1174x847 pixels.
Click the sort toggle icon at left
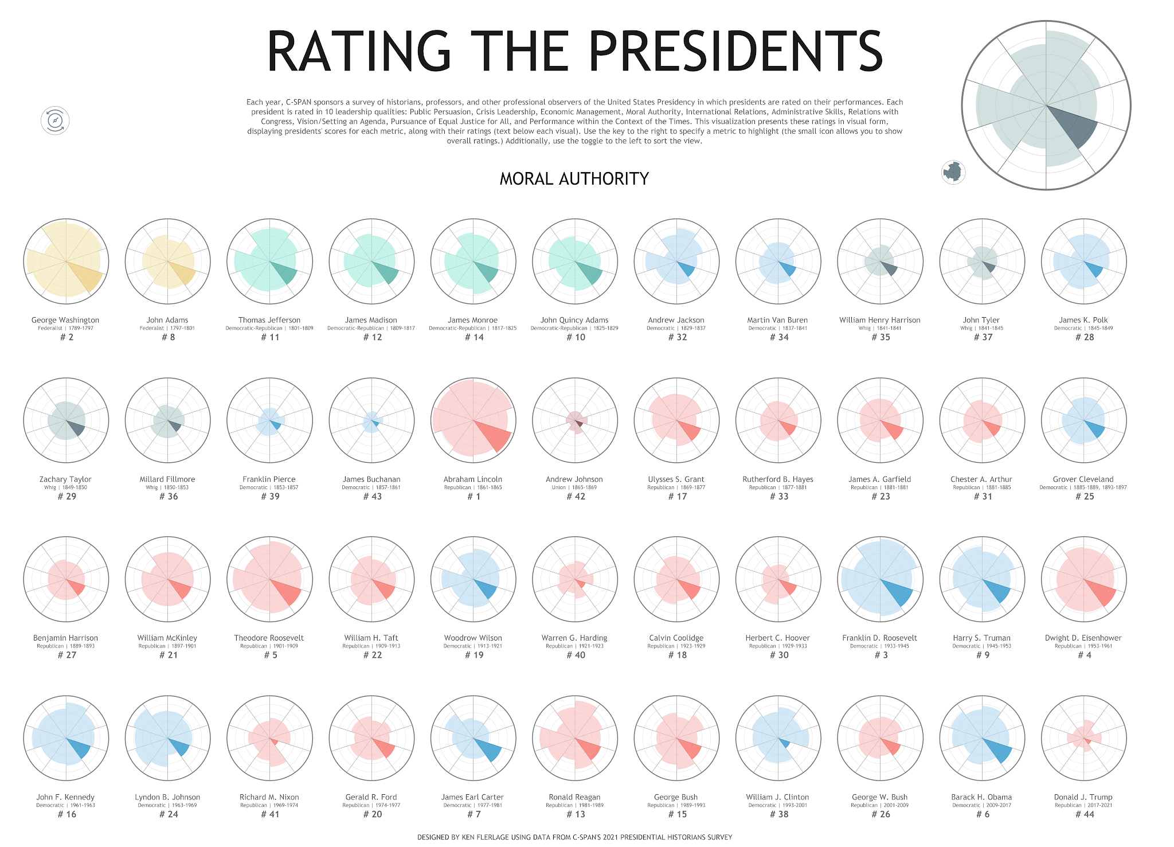[55, 120]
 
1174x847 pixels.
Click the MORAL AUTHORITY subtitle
[574, 179]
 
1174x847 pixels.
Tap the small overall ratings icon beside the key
[953, 172]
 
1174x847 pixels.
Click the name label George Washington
[65, 320]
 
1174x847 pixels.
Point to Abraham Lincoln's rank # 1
[473, 497]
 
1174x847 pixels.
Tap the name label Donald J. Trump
[1083, 797]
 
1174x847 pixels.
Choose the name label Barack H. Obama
[981, 797]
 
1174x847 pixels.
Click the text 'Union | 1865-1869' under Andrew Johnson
[574, 487]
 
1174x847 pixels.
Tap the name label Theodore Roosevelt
[269, 638]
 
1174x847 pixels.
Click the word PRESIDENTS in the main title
[735, 52]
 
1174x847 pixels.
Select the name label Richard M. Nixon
[269, 797]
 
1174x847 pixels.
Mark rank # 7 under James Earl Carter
[473, 814]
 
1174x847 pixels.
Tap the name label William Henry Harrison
[879, 320]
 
